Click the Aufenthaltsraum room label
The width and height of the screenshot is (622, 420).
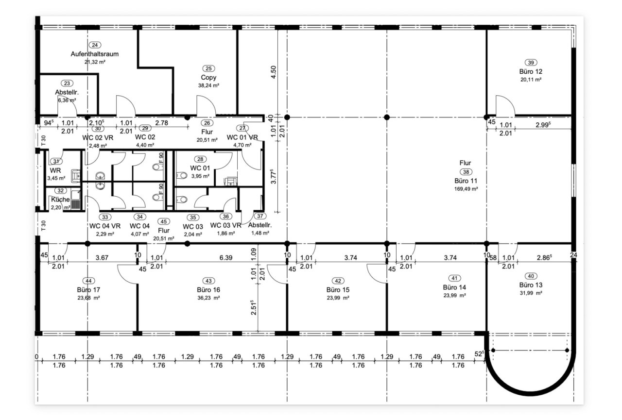95,54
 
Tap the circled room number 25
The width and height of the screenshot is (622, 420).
208,68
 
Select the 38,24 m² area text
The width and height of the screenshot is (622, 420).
208,85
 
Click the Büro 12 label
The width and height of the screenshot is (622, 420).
531,71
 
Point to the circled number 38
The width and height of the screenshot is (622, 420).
466,172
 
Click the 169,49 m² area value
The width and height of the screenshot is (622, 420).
466,189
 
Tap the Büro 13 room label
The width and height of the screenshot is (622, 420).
531,285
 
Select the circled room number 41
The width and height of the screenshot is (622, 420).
454,278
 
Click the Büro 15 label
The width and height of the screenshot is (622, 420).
338,290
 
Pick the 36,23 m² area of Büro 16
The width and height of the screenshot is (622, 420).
208,298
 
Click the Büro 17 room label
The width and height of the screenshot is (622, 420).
88,290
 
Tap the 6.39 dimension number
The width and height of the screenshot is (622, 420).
226,258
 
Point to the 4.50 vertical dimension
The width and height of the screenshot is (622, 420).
274,72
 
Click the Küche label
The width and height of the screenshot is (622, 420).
60,200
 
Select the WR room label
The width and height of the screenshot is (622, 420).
55,170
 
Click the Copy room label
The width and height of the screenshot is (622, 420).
208,77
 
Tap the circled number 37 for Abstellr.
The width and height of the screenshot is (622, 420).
260,216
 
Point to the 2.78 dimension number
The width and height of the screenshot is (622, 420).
162,123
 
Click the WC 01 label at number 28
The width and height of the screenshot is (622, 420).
200,168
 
